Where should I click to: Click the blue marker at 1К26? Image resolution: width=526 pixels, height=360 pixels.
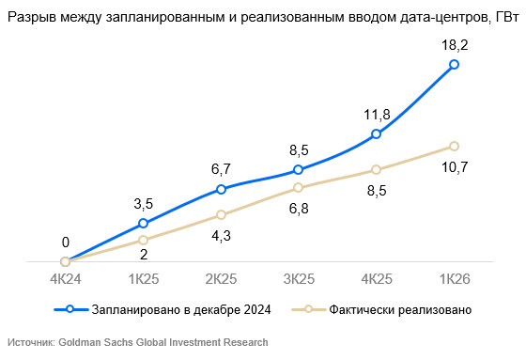pyautogui.click(x=454, y=65)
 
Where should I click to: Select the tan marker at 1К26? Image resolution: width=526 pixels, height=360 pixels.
pyautogui.click(x=454, y=146)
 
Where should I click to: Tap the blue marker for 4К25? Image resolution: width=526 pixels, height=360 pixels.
pyautogui.click(x=377, y=134)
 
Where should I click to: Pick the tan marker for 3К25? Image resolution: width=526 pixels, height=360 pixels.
pyautogui.click(x=299, y=187)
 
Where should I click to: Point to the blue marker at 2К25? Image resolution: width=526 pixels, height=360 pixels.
pyautogui.click(x=221, y=190)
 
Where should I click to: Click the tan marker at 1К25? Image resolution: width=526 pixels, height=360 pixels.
pyautogui.click(x=143, y=240)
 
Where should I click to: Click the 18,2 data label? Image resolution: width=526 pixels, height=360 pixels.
pyautogui.click(x=455, y=45)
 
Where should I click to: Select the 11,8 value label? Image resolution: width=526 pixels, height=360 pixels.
pyautogui.click(x=377, y=115)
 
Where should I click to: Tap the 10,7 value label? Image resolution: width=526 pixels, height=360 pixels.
pyautogui.click(x=455, y=167)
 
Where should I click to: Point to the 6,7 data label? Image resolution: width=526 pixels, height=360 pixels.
pyautogui.click(x=221, y=169)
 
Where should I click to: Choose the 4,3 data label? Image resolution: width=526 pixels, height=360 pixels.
pyautogui.click(x=221, y=236)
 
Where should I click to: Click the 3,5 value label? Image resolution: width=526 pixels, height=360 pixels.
pyautogui.click(x=143, y=204)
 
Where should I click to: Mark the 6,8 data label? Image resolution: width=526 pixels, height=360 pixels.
pyautogui.click(x=299, y=209)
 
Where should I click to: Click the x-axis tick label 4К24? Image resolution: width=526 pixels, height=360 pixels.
pyautogui.click(x=66, y=279)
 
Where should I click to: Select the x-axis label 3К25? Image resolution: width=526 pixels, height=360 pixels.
pyautogui.click(x=299, y=279)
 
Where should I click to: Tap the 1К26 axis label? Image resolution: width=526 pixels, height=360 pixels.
pyautogui.click(x=455, y=279)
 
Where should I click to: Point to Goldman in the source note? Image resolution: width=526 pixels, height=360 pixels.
pyautogui.click(x=80, y=342)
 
